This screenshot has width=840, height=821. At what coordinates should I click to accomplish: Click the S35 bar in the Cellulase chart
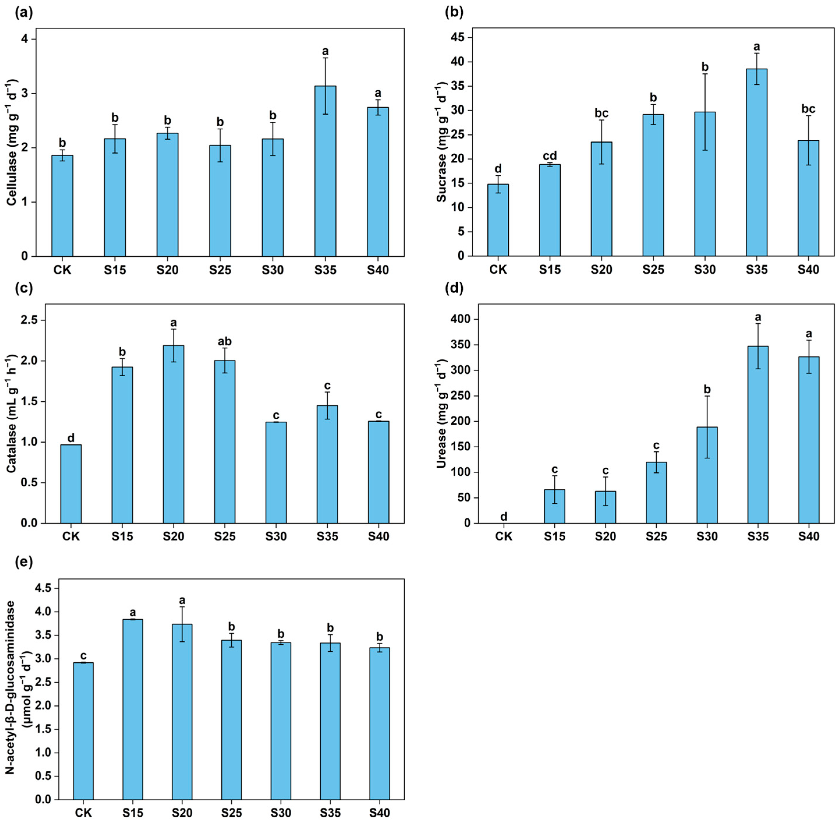[x=325, y=173]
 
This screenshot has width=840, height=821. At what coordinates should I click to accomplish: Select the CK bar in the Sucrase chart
[x=498, y=220]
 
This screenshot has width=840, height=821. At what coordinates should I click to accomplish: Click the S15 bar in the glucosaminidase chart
[x=133, y=712]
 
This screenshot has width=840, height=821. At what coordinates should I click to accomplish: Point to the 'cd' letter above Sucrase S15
[x=550, y=156]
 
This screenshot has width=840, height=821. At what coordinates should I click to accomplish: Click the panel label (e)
[x=23, y=563]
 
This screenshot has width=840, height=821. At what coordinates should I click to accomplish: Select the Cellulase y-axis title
[x=12, y=142]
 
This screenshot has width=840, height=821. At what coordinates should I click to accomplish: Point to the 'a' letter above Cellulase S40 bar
[x=378, y=94]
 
